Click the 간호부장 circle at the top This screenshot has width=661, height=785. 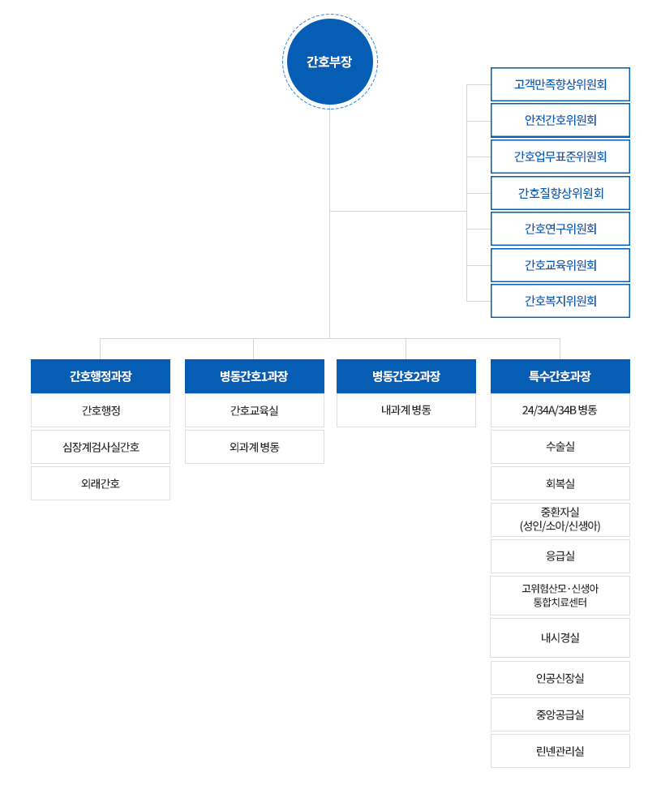pos(329,62)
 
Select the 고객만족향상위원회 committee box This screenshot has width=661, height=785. pos(560,84)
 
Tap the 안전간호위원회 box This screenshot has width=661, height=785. pos(560,120)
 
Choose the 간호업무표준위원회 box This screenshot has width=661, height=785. pos(560,157)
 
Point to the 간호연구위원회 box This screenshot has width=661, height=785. pos(560,229)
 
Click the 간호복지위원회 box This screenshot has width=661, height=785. pos(560,301)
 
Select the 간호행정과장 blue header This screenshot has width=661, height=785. pos(101,376)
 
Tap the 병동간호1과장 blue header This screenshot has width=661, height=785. pos(255,376)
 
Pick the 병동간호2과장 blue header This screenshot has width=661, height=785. pos(406,376)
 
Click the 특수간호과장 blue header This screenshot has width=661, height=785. pos(560,376)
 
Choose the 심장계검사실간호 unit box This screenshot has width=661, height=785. pos(101,447)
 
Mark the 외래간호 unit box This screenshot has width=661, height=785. pos(101,483)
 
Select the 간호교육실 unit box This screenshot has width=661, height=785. pos(255,410)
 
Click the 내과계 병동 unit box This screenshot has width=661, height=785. pos(406,410)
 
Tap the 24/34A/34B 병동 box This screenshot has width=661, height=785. pos(560,410)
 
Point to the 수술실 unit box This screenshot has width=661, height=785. pos(560,447)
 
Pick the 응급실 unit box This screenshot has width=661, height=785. pos(560,556)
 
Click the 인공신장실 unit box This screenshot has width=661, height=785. pos(560,678)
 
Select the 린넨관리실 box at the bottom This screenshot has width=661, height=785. pos(560,751)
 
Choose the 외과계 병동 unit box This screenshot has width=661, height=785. pos(255,447)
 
